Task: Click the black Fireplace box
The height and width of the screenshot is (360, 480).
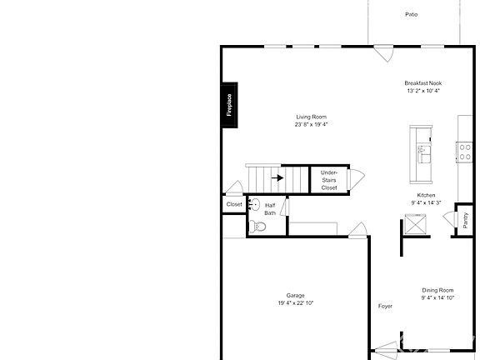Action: click(230, 105)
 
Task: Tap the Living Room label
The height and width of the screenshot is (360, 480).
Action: click(311, 117)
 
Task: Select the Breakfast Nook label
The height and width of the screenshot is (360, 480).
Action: click(422, 83)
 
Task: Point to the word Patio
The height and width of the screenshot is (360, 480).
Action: click(411, 14)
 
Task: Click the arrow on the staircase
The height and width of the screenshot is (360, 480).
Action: click(280, 177)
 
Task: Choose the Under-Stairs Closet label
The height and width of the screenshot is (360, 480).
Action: click(329, 180)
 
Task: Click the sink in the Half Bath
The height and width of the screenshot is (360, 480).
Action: click(255, 204)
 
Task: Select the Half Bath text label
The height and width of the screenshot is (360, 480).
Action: click(270, 209)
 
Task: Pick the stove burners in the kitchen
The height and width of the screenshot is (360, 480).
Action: click(463, 152)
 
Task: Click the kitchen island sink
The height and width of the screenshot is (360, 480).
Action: click(422, 153)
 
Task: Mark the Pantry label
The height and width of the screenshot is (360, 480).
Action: click(464, 219)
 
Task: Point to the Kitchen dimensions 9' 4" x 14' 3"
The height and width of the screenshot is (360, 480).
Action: click(426, 202)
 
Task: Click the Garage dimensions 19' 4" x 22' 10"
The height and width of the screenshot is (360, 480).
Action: click(295, 303)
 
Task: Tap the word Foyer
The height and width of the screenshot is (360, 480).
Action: click(385, 307)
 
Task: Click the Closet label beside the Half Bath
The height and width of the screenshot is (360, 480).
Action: click(234, 203)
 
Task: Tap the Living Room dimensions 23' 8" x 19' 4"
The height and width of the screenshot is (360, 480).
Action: click(311, 125)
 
